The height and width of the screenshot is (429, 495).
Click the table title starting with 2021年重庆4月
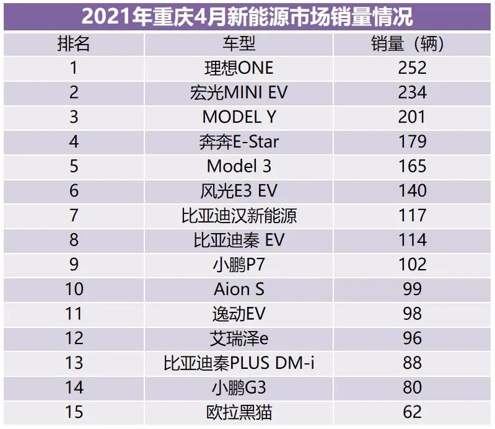(247, 16)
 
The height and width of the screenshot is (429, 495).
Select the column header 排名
(74, 44)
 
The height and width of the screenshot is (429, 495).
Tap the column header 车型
(239, 44)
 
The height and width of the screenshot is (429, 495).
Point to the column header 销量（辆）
(413, 44)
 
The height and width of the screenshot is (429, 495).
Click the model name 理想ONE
(239, 68)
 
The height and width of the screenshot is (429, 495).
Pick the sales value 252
(413, 68)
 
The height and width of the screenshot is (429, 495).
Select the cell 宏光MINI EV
(239, 92)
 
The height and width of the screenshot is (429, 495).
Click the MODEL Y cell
(239, 117)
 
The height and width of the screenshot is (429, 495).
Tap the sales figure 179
(413, 141)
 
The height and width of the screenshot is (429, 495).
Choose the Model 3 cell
(239, 166)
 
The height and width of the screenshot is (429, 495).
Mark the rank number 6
(74, 190)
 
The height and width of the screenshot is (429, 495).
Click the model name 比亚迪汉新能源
(239, 215)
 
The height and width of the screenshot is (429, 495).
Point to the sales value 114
(413, 240)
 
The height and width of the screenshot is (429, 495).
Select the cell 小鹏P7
(239, 264)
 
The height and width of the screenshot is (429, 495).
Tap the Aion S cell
(239, 289)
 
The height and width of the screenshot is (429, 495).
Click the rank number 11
(74, 313)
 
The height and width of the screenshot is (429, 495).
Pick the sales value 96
(413, 338)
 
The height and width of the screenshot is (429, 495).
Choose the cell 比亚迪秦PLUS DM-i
(239, 363)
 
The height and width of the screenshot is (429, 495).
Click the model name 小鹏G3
(239, 387)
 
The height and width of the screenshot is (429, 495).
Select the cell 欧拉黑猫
(239, 412)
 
